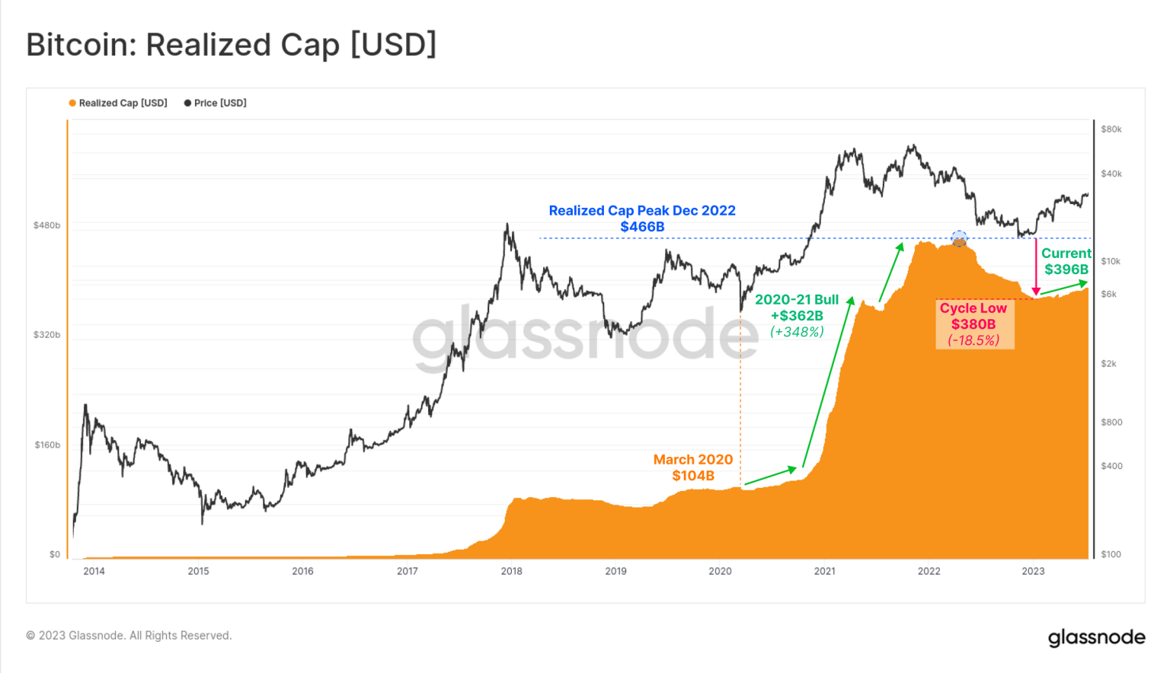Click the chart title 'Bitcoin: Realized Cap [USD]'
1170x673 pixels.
[232, 45]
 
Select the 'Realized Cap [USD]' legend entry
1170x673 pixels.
[122, 103]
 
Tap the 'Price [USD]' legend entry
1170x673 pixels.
[219, 103]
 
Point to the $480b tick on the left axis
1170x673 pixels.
[46, 225]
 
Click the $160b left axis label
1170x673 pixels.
[47, 445]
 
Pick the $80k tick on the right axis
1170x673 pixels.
[1111, 129]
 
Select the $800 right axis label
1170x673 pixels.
[1111, 422]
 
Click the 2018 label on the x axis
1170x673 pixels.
[511, 571]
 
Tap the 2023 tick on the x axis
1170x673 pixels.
[1033, 571]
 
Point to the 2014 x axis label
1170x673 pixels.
[94, 571]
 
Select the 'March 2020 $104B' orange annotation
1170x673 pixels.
[693, 467]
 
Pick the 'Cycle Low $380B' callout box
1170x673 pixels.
[974, 324]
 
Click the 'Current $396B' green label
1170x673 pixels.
[1066, 261]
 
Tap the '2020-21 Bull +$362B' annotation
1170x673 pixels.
[797, 308]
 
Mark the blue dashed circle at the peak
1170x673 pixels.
[959, 238]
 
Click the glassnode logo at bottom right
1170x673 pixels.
[1096, 637]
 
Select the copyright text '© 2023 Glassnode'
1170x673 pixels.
[129, 636]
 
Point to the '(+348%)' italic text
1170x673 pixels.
[797, 332]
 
